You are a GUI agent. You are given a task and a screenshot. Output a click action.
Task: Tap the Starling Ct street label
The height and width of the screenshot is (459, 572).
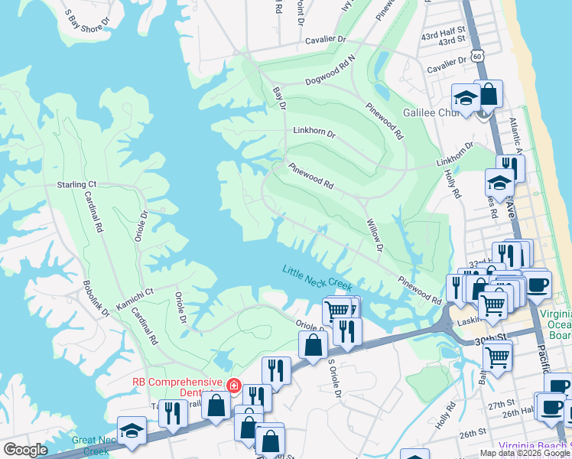pyautogui.click(x=76, y=184)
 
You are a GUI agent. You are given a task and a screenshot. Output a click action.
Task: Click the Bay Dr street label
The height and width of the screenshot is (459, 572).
pyautogui.click(x=279, y=99)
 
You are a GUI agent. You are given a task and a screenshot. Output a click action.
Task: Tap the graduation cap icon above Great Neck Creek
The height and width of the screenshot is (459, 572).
pyautogui.click(x=132, y=431)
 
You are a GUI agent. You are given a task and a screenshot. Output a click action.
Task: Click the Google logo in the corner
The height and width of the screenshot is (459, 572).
pyautogui.click(x=26, y=450)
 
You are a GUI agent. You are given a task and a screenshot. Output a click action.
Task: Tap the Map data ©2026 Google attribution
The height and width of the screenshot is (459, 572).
pyautogui.click(x=525, y=453)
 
